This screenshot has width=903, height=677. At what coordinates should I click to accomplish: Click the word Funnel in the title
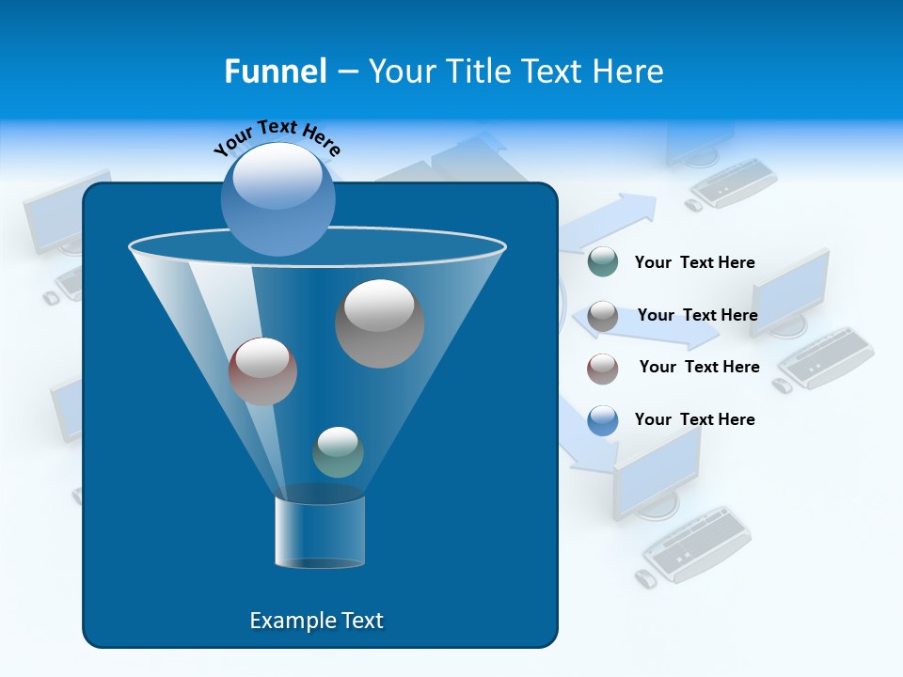(275, 71)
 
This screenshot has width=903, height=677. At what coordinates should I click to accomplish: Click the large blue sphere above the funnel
(278, 197)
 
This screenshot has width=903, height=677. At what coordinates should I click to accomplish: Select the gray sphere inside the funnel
(379, 323)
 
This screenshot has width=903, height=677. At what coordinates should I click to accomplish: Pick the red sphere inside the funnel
(262, 371)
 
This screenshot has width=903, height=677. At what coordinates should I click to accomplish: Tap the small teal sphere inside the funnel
(338, 451)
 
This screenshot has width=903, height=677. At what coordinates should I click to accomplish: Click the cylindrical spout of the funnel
(319, 532)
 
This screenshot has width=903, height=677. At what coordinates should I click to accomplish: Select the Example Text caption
(316, 621)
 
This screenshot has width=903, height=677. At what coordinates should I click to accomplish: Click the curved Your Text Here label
(277, 136)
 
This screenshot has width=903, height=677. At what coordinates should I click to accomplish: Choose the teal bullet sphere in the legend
(603, 262)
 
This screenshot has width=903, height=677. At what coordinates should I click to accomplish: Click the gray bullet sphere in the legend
(603, 316)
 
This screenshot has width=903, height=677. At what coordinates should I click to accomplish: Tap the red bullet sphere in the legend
(603, 368)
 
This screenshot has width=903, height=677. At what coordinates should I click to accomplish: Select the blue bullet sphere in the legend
(603, 420)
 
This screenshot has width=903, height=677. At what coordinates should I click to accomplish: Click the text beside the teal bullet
(694, 263)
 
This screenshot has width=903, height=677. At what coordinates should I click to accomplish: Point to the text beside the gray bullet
(697, 315)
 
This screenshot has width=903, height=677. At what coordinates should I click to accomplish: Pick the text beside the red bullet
(699, 367)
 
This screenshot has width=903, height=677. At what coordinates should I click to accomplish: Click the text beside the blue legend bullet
(694, 419)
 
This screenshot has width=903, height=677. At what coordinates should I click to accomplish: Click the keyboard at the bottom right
(697, 544)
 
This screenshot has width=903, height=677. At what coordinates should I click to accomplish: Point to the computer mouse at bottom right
(645, 578)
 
